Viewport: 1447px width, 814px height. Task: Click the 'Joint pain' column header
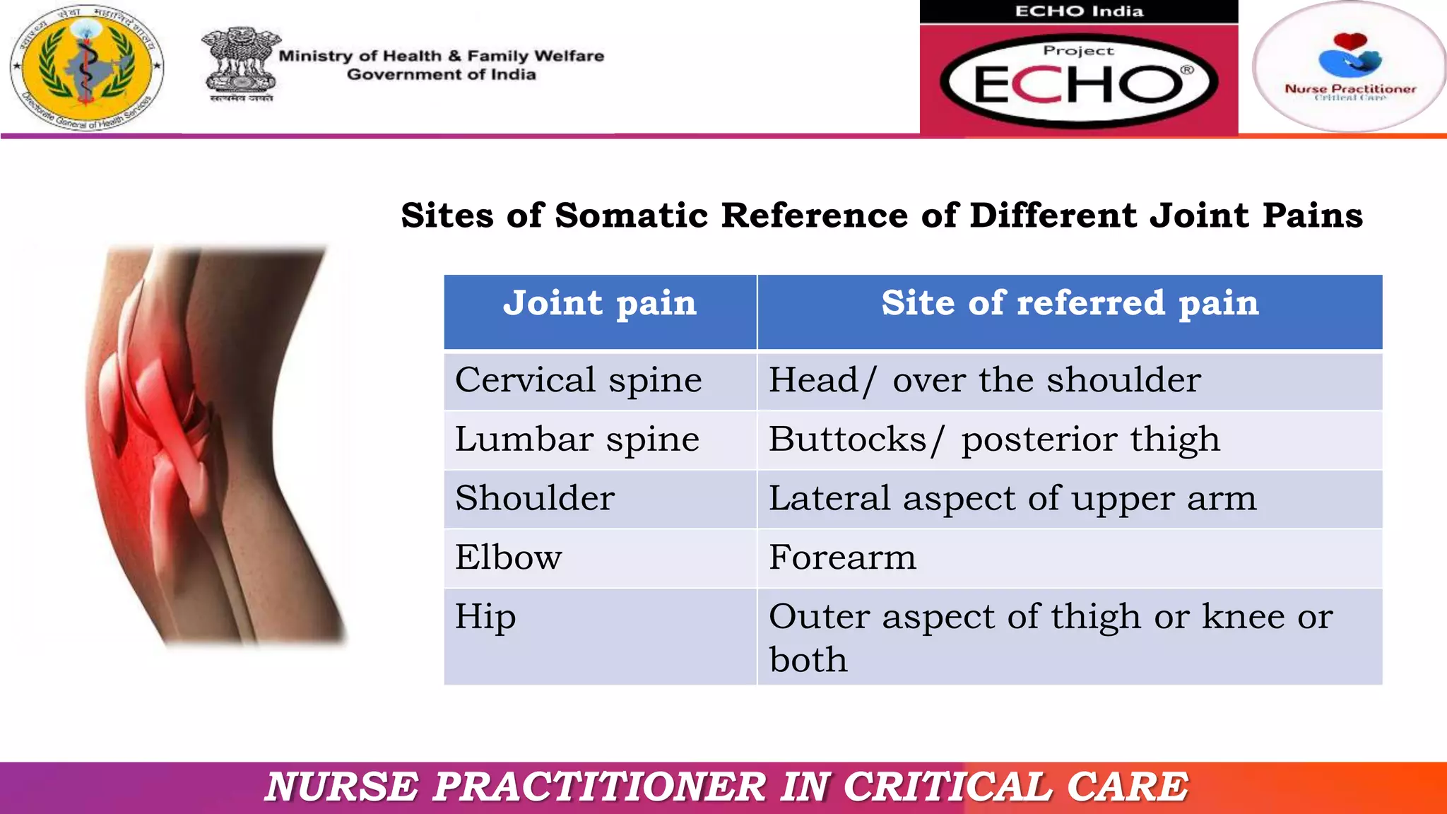[x=600, y=305]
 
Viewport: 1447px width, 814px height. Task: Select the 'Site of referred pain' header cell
[x=1070, y=305]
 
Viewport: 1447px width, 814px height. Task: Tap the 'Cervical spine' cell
[x=578, y=381]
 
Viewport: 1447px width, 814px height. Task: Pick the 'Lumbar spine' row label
[x=577, y=440]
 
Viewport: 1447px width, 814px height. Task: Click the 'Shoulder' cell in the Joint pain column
[x=535, y=499]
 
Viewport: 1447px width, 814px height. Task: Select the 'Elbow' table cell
[x=508, y=558]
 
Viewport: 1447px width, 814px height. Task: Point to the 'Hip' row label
[x=485, y=617]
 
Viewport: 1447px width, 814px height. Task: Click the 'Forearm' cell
[x=842, y=558]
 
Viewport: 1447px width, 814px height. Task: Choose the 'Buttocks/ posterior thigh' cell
[x=993, y=440]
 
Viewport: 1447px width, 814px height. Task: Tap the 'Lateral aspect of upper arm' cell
[x=1012, y=499]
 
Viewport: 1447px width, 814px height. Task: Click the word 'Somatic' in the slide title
[x=631, y=216]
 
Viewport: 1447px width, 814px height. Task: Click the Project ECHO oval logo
[x=1079, y=82]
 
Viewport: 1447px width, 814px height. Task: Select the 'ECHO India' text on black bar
[x=1079, y=11]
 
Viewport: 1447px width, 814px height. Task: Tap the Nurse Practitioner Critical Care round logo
[x=1349, y=66]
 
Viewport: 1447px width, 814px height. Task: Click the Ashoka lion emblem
[x=240, y=64]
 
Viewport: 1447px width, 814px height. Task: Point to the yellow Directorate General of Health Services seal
[x=86, y=66]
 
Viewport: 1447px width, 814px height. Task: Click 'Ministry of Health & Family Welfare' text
[x=441, y=56]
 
